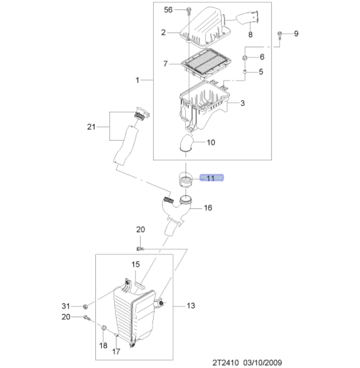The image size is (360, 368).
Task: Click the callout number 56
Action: click(168, 10)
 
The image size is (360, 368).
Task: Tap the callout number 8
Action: click(250, 35)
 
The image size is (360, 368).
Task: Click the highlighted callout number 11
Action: click(211, 177)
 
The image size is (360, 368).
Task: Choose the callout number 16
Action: click(208, 208)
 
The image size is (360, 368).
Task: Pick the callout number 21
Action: click(90, 127)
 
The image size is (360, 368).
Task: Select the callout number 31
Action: click(66, 306)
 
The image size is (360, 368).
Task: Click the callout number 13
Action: click(191, 306)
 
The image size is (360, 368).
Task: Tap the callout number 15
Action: click(135, 264)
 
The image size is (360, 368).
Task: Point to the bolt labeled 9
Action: click(280, 34)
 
